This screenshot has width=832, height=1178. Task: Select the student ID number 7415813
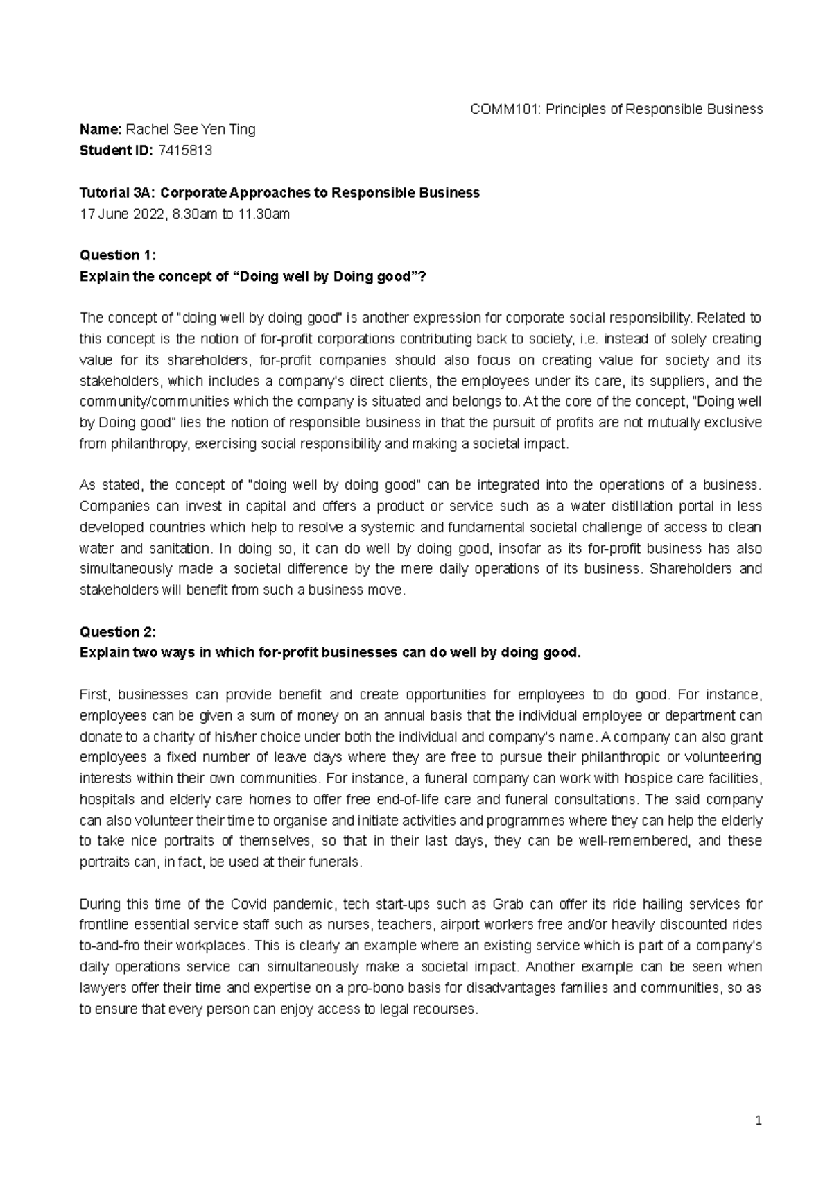click(x=185, y=151)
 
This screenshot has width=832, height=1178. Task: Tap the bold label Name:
click(x=101, y=130)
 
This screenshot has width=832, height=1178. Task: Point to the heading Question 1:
click(x=118, y=255)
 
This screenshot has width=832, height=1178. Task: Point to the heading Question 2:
click(x=118, y=631)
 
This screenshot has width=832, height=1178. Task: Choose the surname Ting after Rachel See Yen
click(x=243, y=130)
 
